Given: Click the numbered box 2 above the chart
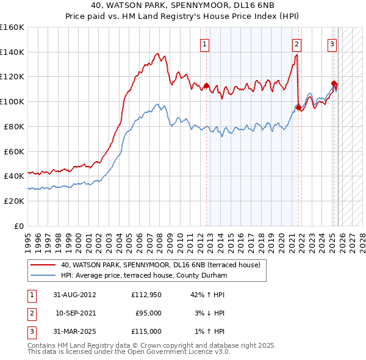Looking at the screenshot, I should point(296,44).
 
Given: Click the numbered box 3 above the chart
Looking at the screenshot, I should point(332,44).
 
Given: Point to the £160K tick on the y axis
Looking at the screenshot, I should point(12,27).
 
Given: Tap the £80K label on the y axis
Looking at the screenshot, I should point(14,126).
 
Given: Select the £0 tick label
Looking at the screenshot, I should point(18,226).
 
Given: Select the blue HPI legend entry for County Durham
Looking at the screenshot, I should point(144,275).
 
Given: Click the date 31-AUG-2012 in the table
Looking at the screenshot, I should point(75,295).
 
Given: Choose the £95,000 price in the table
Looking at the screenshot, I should point(148,313).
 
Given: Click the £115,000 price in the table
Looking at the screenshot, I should point(146,331).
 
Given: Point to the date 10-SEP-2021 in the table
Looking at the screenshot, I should point(75,313).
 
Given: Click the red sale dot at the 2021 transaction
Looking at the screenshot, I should point(298,108).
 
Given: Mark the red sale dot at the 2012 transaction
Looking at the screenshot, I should point(206,85).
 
